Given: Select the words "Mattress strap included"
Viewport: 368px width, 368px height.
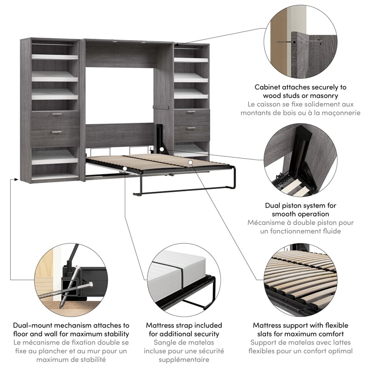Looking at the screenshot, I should tap(184, 325).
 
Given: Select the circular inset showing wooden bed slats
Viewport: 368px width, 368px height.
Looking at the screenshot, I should tap(301, 280).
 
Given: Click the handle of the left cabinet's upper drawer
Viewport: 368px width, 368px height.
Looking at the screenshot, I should tap(56, 114).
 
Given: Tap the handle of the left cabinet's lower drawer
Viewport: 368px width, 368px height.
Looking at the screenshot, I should tap(56, 132).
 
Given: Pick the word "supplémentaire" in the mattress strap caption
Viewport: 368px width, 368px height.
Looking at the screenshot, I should tap(184, 360).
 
